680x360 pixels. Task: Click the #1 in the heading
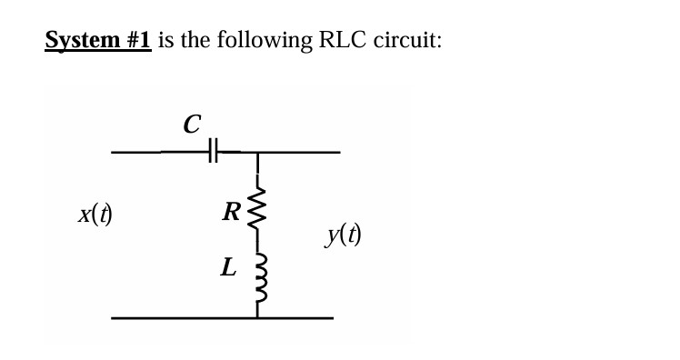coord(135,41)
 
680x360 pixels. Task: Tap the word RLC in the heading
coord(341,41)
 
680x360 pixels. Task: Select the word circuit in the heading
coord(407,41)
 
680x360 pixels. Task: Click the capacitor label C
coord(191,125)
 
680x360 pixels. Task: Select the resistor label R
coord(231,214)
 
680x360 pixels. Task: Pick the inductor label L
coord(229,267)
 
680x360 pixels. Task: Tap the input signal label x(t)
coord(95,215)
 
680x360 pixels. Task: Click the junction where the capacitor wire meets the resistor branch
coord(258,153)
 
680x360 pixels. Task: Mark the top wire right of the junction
coord(300,153)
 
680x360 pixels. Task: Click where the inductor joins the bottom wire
coord(258,317)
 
